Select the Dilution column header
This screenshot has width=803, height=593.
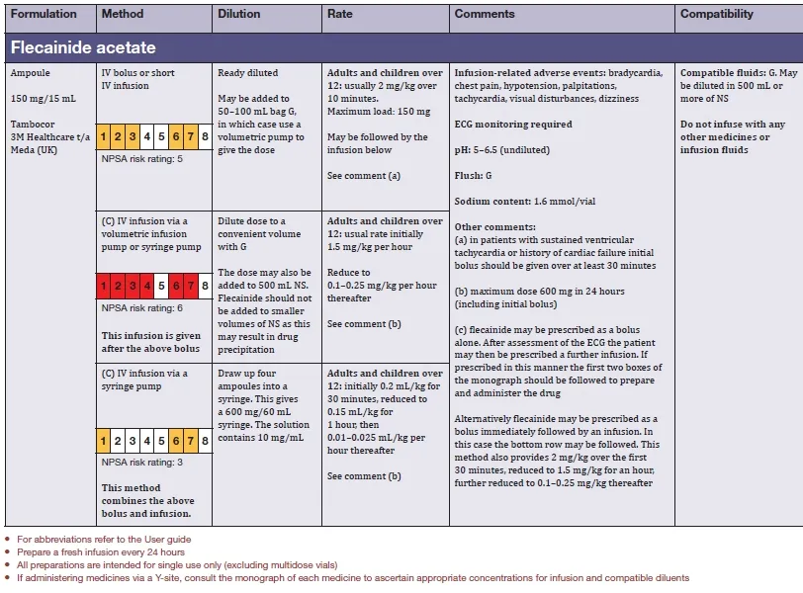click(x=238, y=14)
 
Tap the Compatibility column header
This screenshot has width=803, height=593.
click(x=717, y=14)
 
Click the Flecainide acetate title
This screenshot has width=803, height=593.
click(x=83, y=47)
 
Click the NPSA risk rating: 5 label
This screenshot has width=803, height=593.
click(x=142, y=158)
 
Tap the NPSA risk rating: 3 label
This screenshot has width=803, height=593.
click(x=142, y=462)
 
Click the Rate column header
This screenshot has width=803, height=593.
click(x=339, y=14)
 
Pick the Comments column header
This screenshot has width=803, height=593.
click(x=485, y=14)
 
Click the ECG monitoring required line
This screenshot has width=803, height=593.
click(x=512, y=125)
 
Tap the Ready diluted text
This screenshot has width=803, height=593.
click(x=247, y=73)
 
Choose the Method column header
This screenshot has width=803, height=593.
click(x=123, y=14)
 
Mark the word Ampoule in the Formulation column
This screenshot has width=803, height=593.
click(x=30, y=73)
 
